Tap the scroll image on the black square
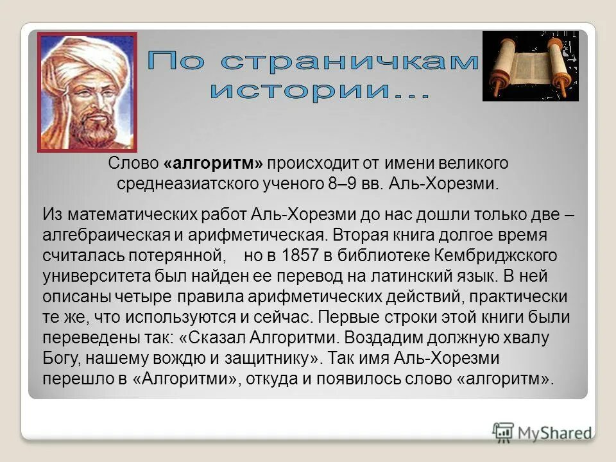pyautogui.click(x=530, y=66)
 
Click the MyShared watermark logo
pyautogui.click(x=542, y=432)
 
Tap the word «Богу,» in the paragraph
pyautogui.click(x=61, y=358)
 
